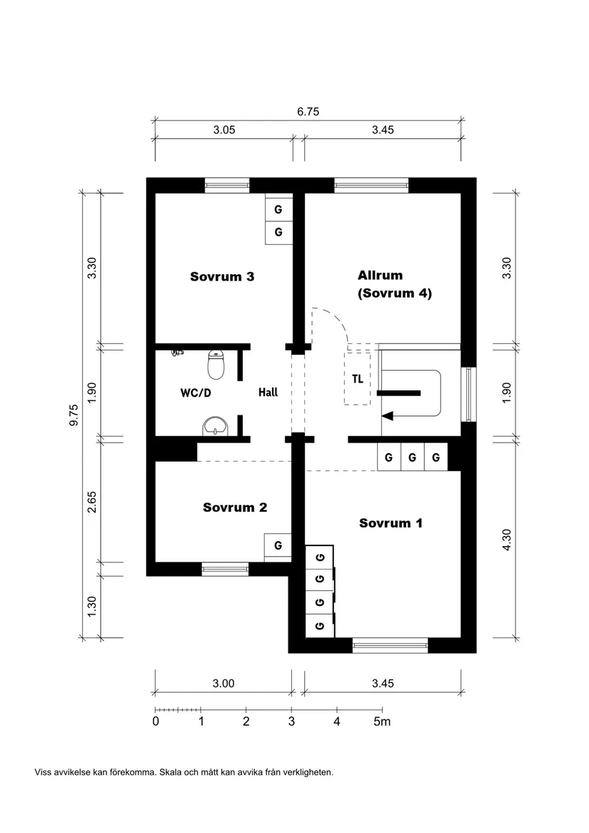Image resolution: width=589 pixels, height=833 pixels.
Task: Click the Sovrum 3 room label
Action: tap(222, 277)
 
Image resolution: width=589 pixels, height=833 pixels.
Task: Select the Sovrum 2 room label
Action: tap(235, 508)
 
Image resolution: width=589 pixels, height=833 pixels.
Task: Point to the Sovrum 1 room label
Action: tap(391, 523)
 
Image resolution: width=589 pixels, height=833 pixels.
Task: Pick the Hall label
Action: tap(268, 393)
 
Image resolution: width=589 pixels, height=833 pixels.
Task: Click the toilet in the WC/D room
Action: tap(216, 365)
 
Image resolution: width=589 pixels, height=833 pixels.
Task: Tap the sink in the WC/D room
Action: tap(214, 426)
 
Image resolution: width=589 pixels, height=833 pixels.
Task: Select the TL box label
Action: tap(357, 379)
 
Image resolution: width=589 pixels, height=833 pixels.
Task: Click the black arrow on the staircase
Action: tap(388, 415)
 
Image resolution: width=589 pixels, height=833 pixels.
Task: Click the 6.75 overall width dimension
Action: tap(308, 111)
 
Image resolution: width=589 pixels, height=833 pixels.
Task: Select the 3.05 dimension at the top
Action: tap(224, 130)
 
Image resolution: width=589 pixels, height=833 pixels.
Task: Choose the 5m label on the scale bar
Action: tap(383, 722)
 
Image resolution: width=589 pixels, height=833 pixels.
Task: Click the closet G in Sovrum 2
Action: tap(278, 546)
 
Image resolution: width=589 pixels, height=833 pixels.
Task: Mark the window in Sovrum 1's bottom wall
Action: tap(390, 647)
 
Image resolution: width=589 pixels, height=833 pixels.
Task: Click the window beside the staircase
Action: tap(468, 394)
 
